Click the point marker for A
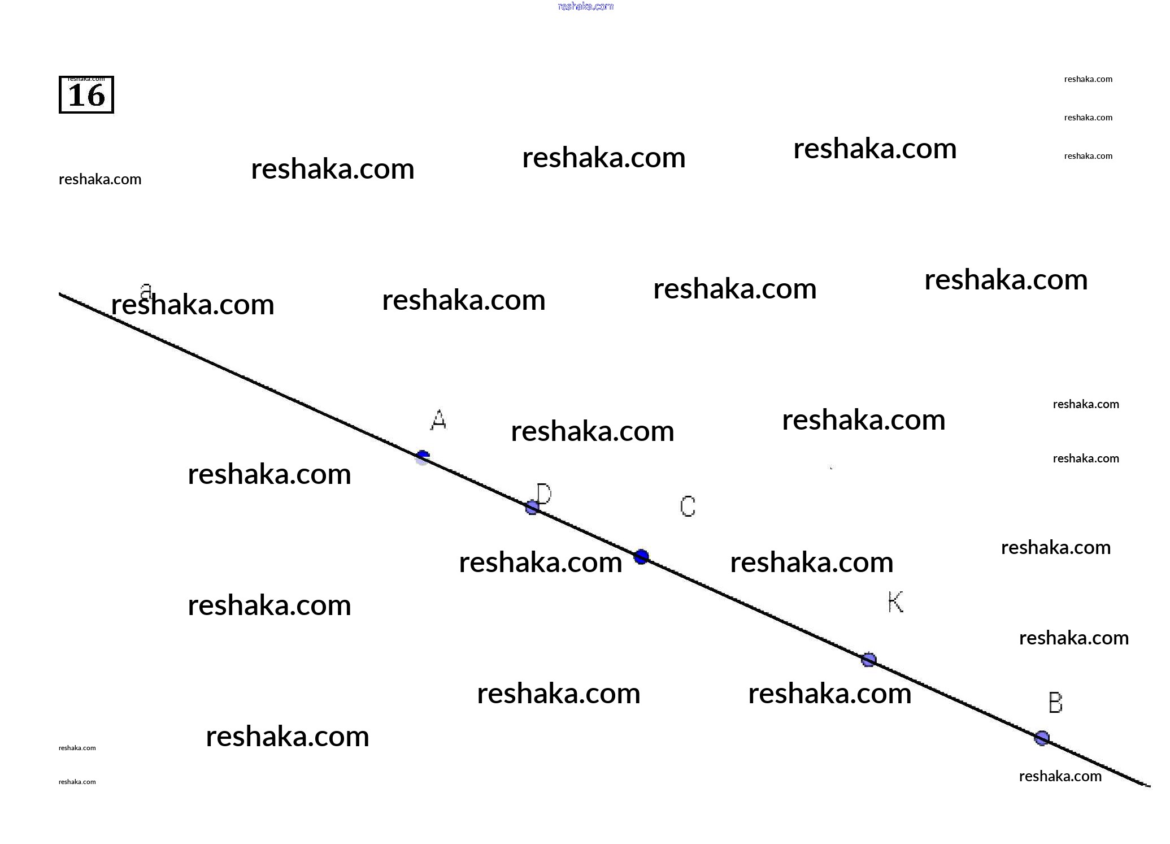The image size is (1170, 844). tap(423, 457)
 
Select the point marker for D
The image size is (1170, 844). tap(532, 507)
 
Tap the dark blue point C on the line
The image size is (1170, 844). tap(641, 557)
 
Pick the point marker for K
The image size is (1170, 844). tap(868, 660)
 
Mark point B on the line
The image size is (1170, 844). tap(1042, 738)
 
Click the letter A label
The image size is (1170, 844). tap(438, 420)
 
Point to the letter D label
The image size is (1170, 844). tap(543, 494)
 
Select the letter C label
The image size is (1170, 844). tap(688, 507)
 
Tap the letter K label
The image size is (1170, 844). tap(895, 602)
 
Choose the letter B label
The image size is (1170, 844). tap(1055, 703)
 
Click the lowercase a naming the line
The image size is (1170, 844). tap(146, 291)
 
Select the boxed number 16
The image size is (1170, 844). tap(86, 96)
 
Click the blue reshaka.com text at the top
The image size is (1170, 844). tap(585, 6)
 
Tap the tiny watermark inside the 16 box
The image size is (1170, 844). tap(86, 79)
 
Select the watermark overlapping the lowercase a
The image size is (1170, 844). tap(193, 305)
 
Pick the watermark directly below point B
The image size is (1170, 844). tap(1060, 776)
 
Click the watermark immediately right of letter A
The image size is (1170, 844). tap(592, 431)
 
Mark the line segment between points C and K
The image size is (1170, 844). tap(755, 608)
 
